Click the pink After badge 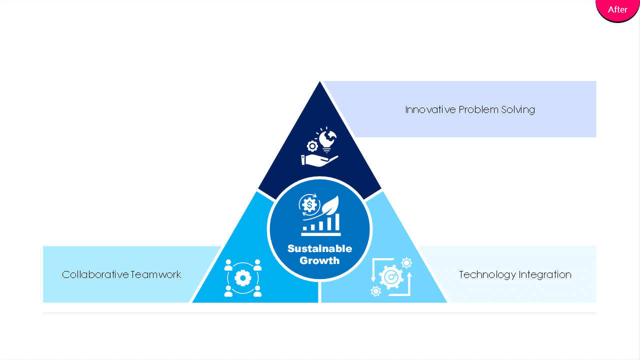pyautogui.click(x=617, y=9)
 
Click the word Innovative pyautogui.click(x=430, y=109)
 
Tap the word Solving pyautogui.click(x=518, y=110)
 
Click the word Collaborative pyautogui.click(x=95, y=274)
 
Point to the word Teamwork pyautogui.click(x=156, y=274)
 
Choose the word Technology pyautogui.click(x=487, y=275)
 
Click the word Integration pyautogui.click(x=545, y=275)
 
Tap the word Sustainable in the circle pyautogui.click(x=319, y=248)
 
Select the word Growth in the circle pyautogui.click(x=319, y=260)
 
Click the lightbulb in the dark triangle pyautogui.click(x=327, y=140)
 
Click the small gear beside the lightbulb pyautogui.click(x=312, y=146)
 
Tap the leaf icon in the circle pyautogui.click(x=330, y=205)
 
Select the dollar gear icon pyautogui.click(x=309, y=205)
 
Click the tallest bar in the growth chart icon pyautogui.click(x=337, y=222)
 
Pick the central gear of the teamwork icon pyautogui.click(x=243, y=277)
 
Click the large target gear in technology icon pyautogui.click(x=391, y=276)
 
